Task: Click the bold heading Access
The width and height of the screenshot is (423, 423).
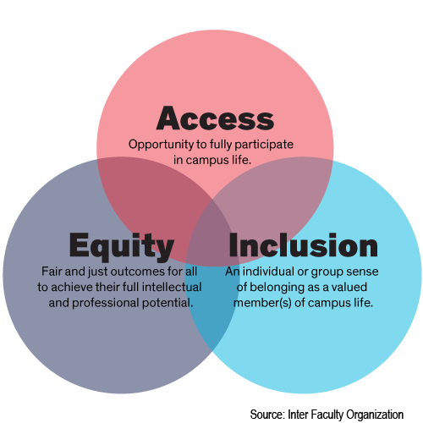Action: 215,118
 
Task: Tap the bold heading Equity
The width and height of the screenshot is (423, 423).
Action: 122,246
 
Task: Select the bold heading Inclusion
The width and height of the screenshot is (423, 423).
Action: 303,245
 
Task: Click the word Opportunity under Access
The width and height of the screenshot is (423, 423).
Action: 161,145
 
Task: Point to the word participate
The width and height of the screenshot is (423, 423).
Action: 264,145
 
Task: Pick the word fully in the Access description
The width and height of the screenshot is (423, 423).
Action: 220,145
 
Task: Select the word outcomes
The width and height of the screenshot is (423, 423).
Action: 138,272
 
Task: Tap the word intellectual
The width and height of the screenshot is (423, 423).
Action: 172,287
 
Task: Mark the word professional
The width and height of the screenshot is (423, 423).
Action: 106,304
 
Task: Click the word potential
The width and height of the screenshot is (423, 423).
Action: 168,304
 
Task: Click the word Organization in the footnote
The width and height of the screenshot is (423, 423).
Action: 375,415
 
